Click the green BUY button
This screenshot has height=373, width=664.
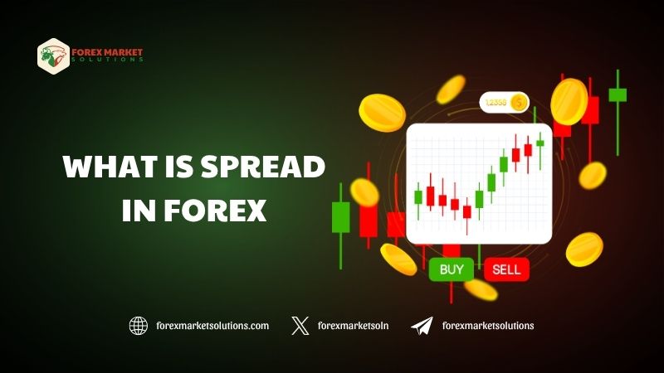[452, 269]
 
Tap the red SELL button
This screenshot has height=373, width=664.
[506, 269]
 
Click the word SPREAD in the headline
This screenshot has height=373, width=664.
[262, 167]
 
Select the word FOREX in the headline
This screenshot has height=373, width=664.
[215, 210]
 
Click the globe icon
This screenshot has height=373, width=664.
[139, 326]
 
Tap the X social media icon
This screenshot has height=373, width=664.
[300, 326]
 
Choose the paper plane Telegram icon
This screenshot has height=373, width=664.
[422, 326]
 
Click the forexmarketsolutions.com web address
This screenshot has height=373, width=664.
[212, 326]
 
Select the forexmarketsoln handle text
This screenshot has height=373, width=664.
[353, 326]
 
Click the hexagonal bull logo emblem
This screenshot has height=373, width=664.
[53, 56]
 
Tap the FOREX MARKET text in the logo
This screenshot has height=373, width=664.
[107, 52]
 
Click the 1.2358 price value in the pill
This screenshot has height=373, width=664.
[496, 102]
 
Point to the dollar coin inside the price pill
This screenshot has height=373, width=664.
[519, 102]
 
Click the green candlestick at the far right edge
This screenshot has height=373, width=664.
[618, 94]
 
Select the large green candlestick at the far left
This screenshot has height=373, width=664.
[340, 217]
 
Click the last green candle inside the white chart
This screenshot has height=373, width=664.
[540, 143]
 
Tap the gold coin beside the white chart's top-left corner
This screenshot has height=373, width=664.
[382, 113]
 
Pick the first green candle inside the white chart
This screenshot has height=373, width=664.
[418, 197]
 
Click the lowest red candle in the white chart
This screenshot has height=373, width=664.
[466, 212]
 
